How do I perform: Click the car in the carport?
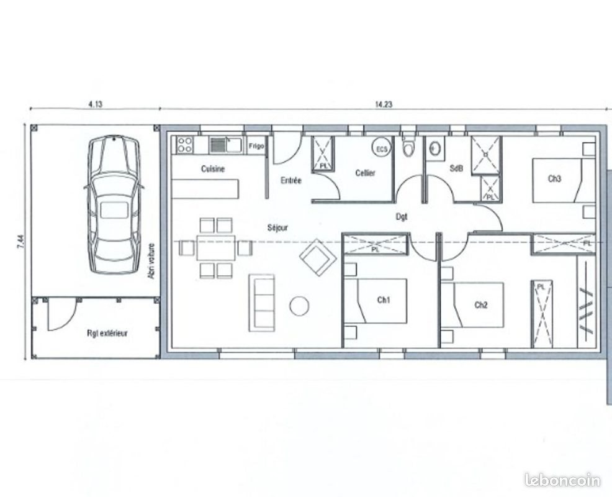[x=114, y=204]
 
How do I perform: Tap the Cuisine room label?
[x=213, y=169]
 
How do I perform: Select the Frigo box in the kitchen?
[x=256, y=146]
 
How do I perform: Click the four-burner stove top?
[x=184, y=145]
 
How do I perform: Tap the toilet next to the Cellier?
[x=408, y=148]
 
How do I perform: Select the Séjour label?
[x=277, y=227]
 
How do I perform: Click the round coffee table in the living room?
[x=299, y=306]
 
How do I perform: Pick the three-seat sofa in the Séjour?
[x=262, y=302]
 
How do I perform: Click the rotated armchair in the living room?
[x=318, y=257]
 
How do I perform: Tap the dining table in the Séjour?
[x=215, y=248]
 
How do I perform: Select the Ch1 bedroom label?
[x=384, y=300]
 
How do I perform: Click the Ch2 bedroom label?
[x=481, y=304]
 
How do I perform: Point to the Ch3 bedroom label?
[x=554, y=179]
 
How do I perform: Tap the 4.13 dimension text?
[x=95, y=104]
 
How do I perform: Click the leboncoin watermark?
[x=562, y=480]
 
